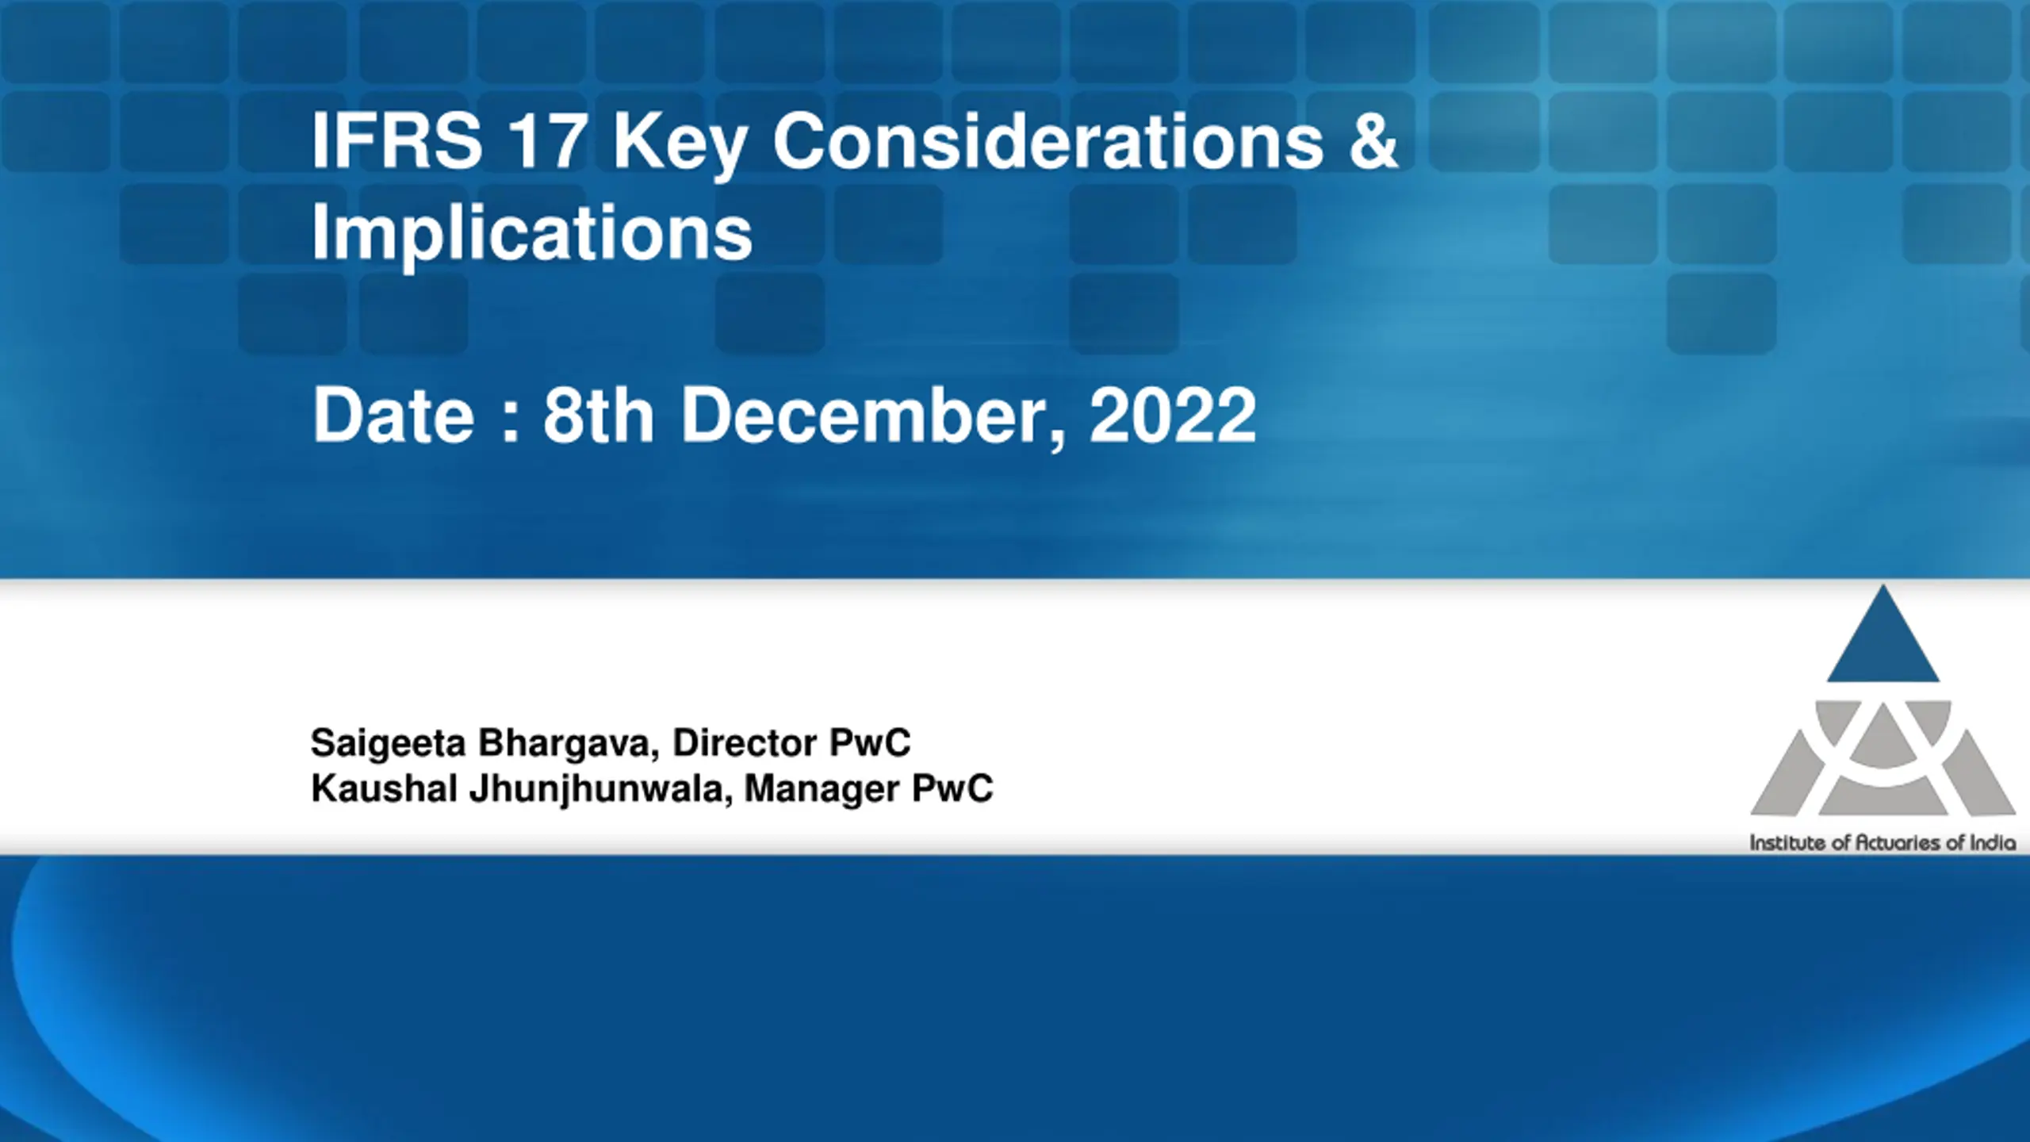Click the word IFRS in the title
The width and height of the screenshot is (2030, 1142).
click(396, 140)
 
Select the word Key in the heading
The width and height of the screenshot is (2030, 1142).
click(680, 146)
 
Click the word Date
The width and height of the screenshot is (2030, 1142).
click(393, 416)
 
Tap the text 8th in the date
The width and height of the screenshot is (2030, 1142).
click(599, 416)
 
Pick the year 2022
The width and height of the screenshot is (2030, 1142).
click(1173, 416)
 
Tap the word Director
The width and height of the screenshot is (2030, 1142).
click(745, 743)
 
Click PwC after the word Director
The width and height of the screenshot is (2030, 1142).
click(870, 743)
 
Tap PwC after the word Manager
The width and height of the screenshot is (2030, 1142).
click(952, 788)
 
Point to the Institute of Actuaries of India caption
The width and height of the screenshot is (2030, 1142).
click(1883, 842)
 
